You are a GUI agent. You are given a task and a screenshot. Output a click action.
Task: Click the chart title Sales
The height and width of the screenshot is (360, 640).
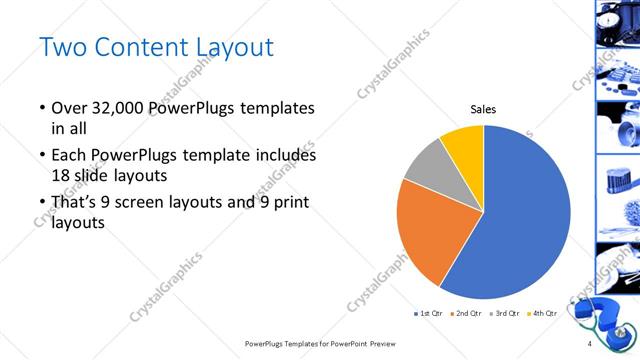click(483, 110)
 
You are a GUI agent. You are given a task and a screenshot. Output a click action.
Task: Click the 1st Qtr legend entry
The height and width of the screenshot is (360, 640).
click(428, 314)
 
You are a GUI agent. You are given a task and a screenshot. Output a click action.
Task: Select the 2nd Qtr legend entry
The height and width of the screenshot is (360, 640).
click(465, 314)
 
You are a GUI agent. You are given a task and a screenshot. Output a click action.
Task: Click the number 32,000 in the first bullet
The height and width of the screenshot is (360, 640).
click(122, 107)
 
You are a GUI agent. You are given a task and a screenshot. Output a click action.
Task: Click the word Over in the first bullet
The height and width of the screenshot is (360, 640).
click(70, 107)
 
